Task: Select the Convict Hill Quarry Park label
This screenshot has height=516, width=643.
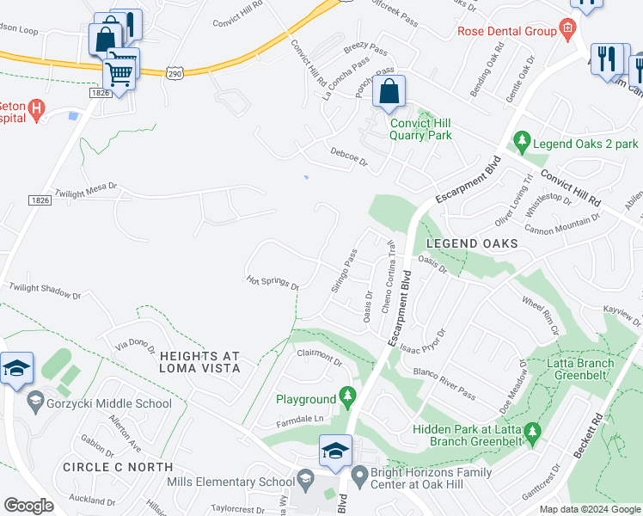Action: tap(420, 129)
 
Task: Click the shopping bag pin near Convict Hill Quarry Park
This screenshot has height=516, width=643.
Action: tap(389, 93)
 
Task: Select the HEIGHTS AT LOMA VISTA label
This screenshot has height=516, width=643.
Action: tap(199, 362)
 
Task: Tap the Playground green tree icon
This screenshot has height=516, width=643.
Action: tap(348, 397)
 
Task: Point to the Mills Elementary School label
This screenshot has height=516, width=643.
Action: tap(230, 482)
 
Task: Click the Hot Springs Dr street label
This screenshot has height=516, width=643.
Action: tap(272, 282)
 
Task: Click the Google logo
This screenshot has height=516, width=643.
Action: tap(28, 506)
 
